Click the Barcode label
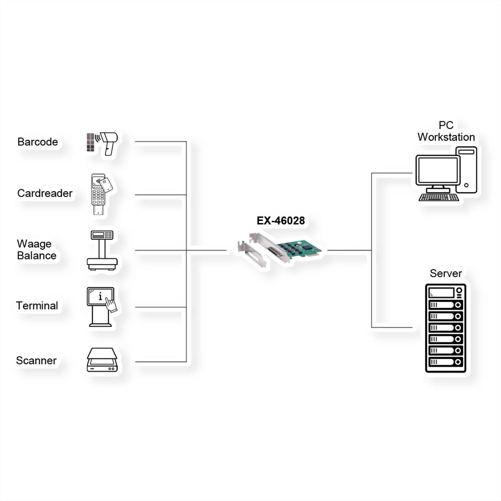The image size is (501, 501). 38,142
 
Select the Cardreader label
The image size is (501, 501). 45,193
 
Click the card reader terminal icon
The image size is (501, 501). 99,195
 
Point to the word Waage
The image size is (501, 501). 34,244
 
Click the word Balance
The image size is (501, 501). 37,256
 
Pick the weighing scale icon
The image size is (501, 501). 102,250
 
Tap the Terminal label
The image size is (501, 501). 37,306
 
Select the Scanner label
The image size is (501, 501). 36,361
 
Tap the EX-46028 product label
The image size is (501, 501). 281,220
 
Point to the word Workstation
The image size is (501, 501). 446,137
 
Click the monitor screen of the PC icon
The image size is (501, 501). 436,172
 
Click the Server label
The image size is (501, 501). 445,273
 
